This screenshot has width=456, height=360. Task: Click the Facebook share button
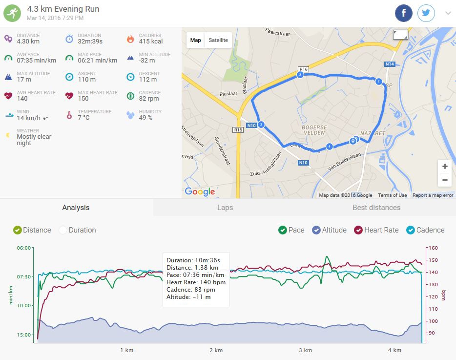(x=404, y=13)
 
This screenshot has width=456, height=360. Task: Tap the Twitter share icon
(x=426, y=13)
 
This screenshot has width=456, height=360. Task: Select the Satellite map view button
(x=218, y=40)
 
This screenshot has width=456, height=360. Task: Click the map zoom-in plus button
(x=445, y=167)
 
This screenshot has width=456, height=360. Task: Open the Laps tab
(x=225, y=208)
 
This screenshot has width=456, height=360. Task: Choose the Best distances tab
(x=376, y=208)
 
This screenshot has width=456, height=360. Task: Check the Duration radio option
(x=63, y=230)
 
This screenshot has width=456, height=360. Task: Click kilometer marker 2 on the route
(x=300, y=75)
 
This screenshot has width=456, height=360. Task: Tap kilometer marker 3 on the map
(x=261, y=125)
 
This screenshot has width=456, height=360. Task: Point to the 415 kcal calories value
(x=151, y=42)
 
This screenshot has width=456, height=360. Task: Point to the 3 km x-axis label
(x=305, y=350)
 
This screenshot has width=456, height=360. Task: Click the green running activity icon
(x=12, y=13)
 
